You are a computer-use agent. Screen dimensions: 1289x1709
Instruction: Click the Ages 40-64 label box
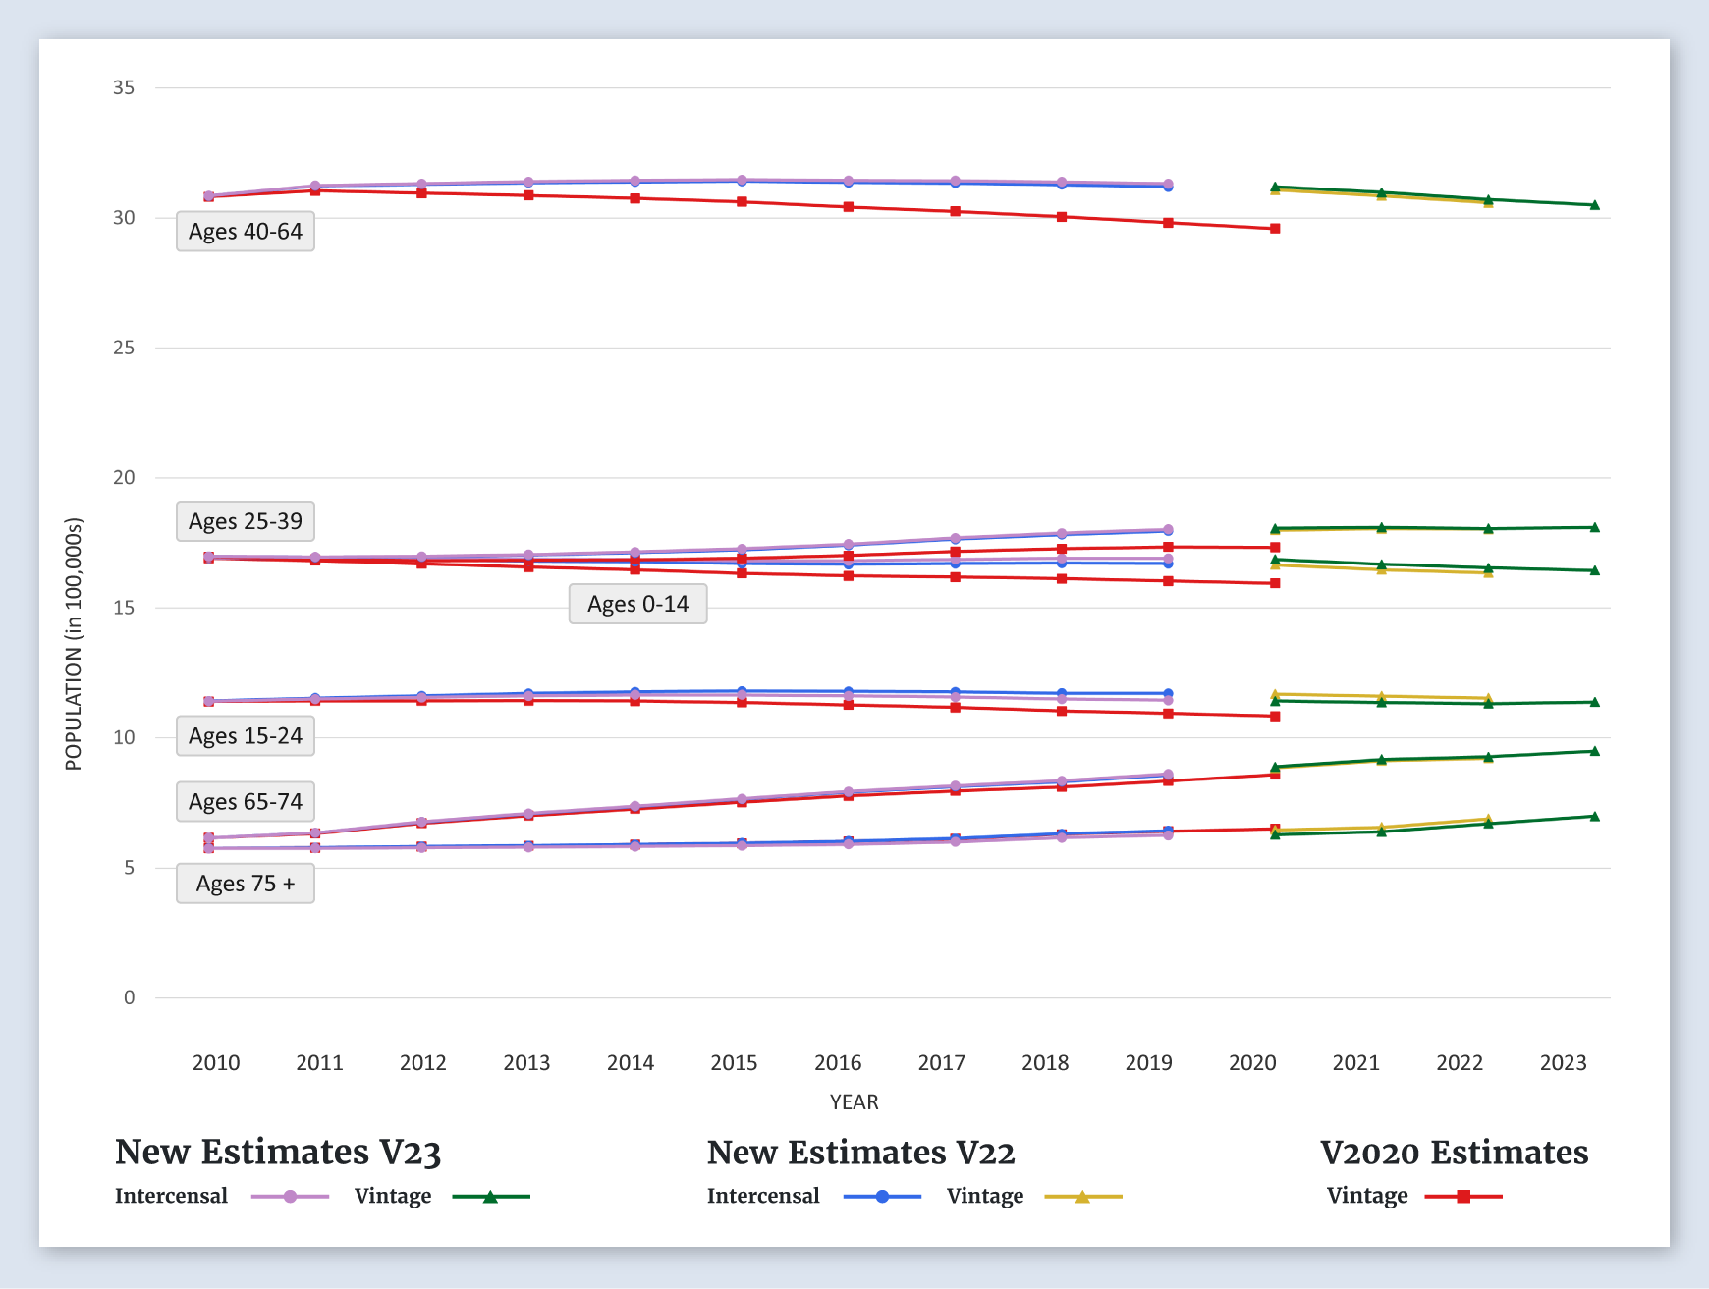click(246, 232)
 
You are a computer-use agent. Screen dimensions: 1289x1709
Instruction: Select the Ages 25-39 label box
click(246, 521)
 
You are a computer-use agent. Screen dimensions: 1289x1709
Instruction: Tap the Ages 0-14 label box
click(637, 604)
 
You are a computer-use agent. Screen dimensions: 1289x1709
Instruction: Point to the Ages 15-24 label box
click(246, 736)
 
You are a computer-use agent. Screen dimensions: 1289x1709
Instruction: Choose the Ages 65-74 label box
click(246, 802)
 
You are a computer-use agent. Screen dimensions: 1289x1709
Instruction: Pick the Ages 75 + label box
click(246, 884)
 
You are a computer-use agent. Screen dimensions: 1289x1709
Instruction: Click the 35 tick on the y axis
click(124, 87)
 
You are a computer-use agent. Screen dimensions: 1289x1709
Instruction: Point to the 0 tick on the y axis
click(129, 997)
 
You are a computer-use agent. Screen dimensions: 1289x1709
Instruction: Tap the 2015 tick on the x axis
click(734, 1062)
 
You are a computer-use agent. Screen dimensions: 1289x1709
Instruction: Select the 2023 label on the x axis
click(1563, 1062)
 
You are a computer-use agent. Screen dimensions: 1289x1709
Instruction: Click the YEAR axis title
click(854, 1101)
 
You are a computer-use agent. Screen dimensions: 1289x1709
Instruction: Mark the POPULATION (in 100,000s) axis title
click(74, 643)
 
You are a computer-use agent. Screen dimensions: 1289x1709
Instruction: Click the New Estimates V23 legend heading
click(278, 1152)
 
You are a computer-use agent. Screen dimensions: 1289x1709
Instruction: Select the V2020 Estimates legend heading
click(1454, 1152)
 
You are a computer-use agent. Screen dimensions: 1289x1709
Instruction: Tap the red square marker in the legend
click(1463, 1196)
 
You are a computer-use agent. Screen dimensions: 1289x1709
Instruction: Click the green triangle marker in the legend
click(490, 1196)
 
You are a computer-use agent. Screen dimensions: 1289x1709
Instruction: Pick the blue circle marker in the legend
click(882, 1196)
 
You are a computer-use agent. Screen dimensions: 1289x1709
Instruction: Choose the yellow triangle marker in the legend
click(1082, 1196)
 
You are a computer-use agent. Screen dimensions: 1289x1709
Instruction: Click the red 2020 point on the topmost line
click(1275, 229)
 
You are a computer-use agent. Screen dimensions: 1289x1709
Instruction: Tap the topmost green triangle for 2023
click(1594, 205)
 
